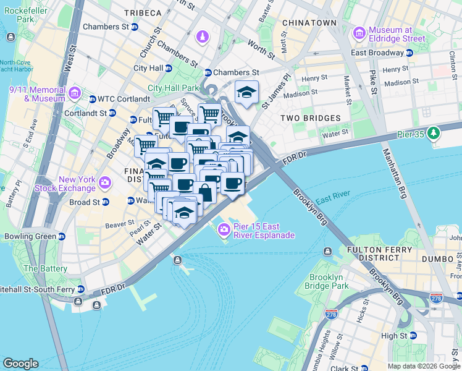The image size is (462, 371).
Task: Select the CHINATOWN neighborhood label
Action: coord(309,23)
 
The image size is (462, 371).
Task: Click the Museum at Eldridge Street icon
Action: coord(359,33)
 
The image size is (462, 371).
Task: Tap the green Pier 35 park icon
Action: coord(434,132)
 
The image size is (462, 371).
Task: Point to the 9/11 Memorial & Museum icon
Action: coord(75,93)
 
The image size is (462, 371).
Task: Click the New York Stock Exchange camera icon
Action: coord(104,183)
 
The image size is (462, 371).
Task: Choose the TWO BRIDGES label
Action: coord(310,117)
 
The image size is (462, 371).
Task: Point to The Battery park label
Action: coord(44,269)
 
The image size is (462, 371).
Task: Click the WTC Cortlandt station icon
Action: coord(92,99)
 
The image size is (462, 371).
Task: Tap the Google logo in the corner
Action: coord(20,364)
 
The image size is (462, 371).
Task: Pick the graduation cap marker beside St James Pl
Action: coord(246,93)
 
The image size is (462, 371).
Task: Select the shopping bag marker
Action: coord(204,192)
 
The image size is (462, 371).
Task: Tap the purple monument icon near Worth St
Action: coord(202,38)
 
